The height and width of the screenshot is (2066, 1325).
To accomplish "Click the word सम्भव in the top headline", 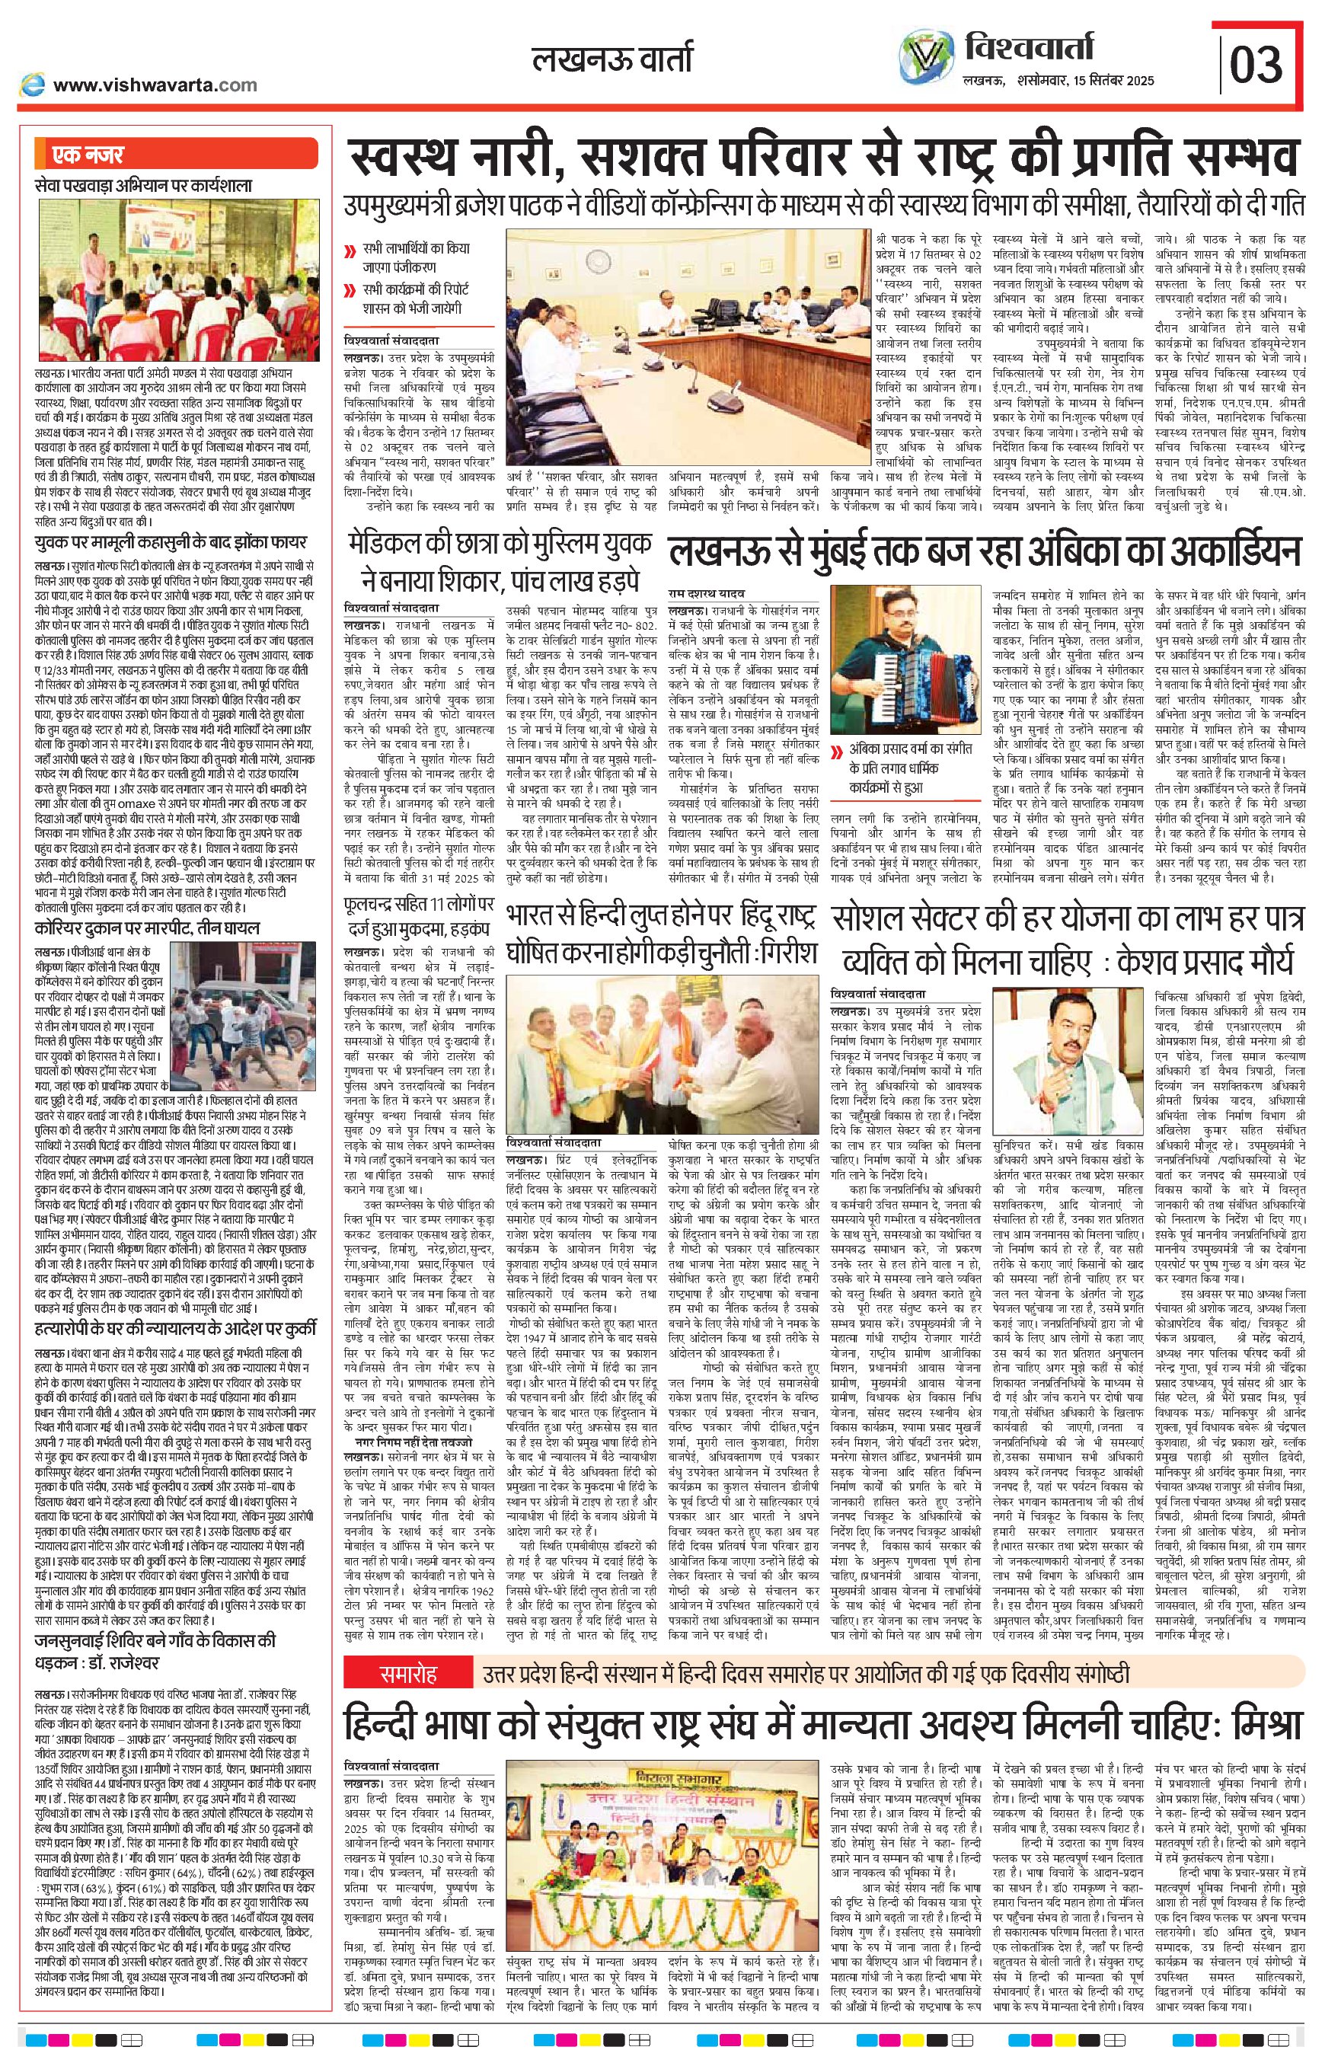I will [x=1238, y=160].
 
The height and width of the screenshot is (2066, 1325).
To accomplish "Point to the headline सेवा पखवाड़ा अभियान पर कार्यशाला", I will [x=144, y=185].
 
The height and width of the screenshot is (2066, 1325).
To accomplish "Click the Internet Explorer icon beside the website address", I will [x=32, y=85].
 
